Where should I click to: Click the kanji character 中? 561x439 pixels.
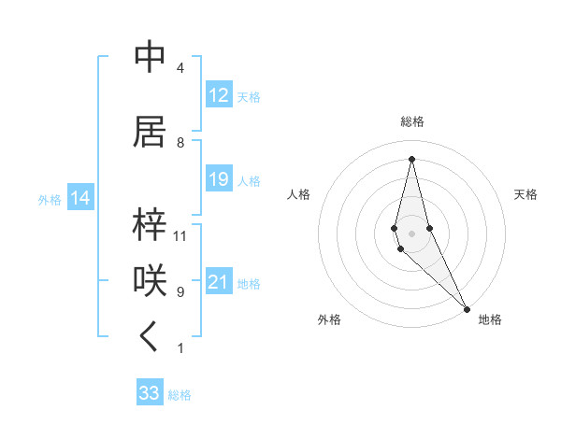point(150,57)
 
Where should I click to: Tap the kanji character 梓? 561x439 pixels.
point(150,225)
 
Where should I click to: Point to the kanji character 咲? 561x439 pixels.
point(150,281)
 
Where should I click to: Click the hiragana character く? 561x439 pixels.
point(150,338)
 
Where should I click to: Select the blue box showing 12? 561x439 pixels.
point(219,95)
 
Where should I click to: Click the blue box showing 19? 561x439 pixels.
point(219,179)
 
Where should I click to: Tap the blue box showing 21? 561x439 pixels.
point(219,282)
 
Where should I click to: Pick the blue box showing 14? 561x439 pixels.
point(80,198)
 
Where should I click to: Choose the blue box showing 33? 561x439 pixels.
point(150,393)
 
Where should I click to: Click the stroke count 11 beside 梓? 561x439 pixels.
point(180,236)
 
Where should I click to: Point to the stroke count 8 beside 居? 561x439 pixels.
point(180,143)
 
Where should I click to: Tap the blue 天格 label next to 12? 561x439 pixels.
point(249,96)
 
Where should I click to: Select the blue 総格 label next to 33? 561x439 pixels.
point(180,395)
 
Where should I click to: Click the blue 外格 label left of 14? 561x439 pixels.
point(50,199)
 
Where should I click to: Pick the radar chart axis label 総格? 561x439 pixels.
point(412,121)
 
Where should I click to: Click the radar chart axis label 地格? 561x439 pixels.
point(490,319)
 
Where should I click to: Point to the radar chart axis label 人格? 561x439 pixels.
point(299,194)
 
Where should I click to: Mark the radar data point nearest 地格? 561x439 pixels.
point(467,307)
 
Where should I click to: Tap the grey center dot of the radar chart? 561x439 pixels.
point(411,232)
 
